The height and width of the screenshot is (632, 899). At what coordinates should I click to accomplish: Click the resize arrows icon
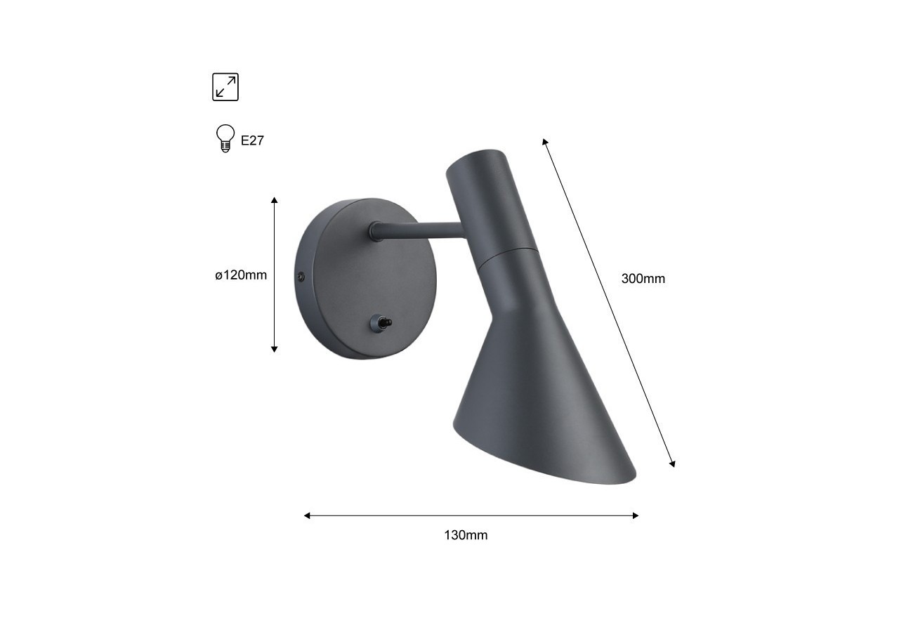pyautogui.click(x=225, y=87)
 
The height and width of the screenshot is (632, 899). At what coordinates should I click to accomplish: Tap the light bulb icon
pyautogui.click(x=225, y=138)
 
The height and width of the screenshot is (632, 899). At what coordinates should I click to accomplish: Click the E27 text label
pyautogui.click(x=252, y=140)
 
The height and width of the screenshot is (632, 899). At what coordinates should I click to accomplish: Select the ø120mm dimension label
pyautogui.click(x=241, y=275)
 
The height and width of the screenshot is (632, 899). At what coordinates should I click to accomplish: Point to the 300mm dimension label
pyautogui.click(x=643, y=279)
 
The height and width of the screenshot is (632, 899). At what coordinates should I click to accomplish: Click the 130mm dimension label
pyautogui.click(x=466, y=535)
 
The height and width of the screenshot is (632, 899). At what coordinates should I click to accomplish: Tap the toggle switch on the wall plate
pyautogui.click(x=380, y=322)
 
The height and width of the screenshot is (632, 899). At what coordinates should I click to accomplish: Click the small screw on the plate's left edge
pyautogui.click(x=301, y=277)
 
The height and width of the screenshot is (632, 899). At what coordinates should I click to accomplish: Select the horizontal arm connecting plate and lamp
pyautogui.click(x=421, y=230)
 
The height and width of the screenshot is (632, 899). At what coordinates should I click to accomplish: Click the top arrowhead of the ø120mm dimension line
pyautogui.click(x=275, y=201)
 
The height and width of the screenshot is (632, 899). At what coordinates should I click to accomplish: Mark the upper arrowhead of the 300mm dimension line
pyautogui.click(x=545, y=142)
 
